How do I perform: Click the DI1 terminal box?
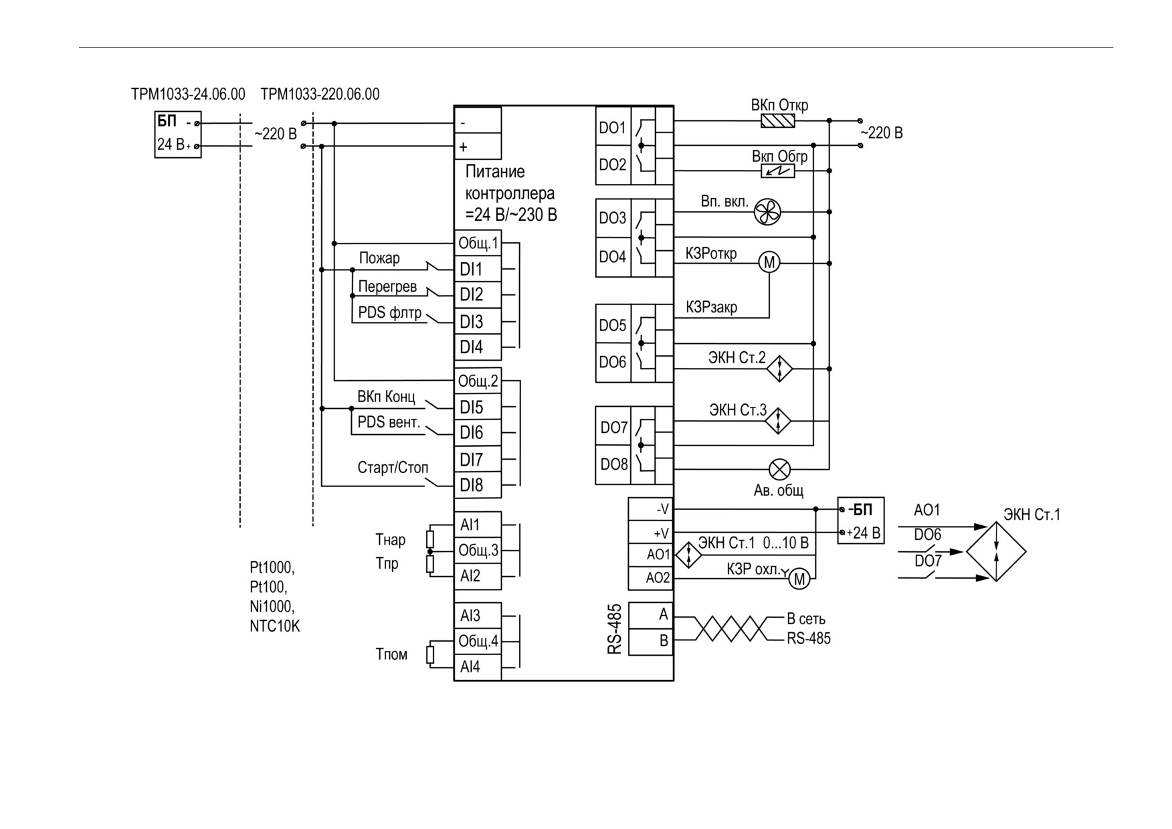pos(478,269)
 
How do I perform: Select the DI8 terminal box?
pos(478,485)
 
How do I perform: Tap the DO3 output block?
pos(613,218)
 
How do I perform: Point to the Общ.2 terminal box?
pos(478,381)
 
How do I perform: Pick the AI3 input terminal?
pos(478,616)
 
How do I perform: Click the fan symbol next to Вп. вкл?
pos(767,213)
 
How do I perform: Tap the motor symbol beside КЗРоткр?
pos(769,262)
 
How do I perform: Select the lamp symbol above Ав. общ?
pos(779,469)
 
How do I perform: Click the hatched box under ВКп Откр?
pos(778,121)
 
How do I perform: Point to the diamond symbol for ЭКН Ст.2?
pos(779,368)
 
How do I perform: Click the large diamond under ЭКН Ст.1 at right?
pos(996,553)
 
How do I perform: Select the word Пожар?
pos(379,258)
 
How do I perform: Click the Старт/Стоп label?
pos(393,467)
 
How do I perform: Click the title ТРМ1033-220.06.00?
pos(320,94)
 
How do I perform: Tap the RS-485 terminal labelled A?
pos(651,615)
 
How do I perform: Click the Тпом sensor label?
pos(391,654)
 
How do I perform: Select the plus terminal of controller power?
pos(478,147)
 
